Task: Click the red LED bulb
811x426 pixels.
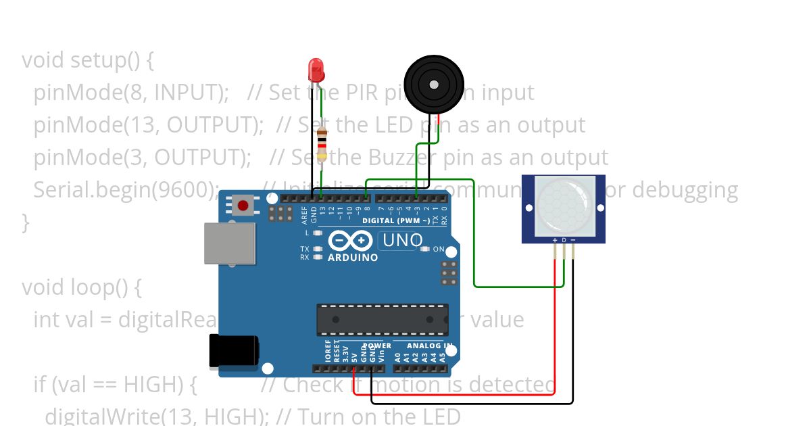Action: click(x=316, y=68)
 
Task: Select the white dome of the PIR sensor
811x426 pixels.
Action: click(x=563, y=206)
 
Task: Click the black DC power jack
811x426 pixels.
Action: click(x=233, y=352)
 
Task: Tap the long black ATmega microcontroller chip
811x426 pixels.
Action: click(x=383, y=319)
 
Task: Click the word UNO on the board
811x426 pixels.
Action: click(x=403, y=240)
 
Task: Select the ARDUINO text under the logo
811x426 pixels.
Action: click(x=353, y=258)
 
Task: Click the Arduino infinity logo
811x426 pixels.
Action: click(x=350, y=241)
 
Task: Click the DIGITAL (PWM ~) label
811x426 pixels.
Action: click(x=395, y=221)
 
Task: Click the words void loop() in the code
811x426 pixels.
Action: click(x=81, y=287)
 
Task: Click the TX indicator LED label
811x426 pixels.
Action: click(x=305, y=249)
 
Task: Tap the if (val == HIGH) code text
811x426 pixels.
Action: click(x=115, y=385)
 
